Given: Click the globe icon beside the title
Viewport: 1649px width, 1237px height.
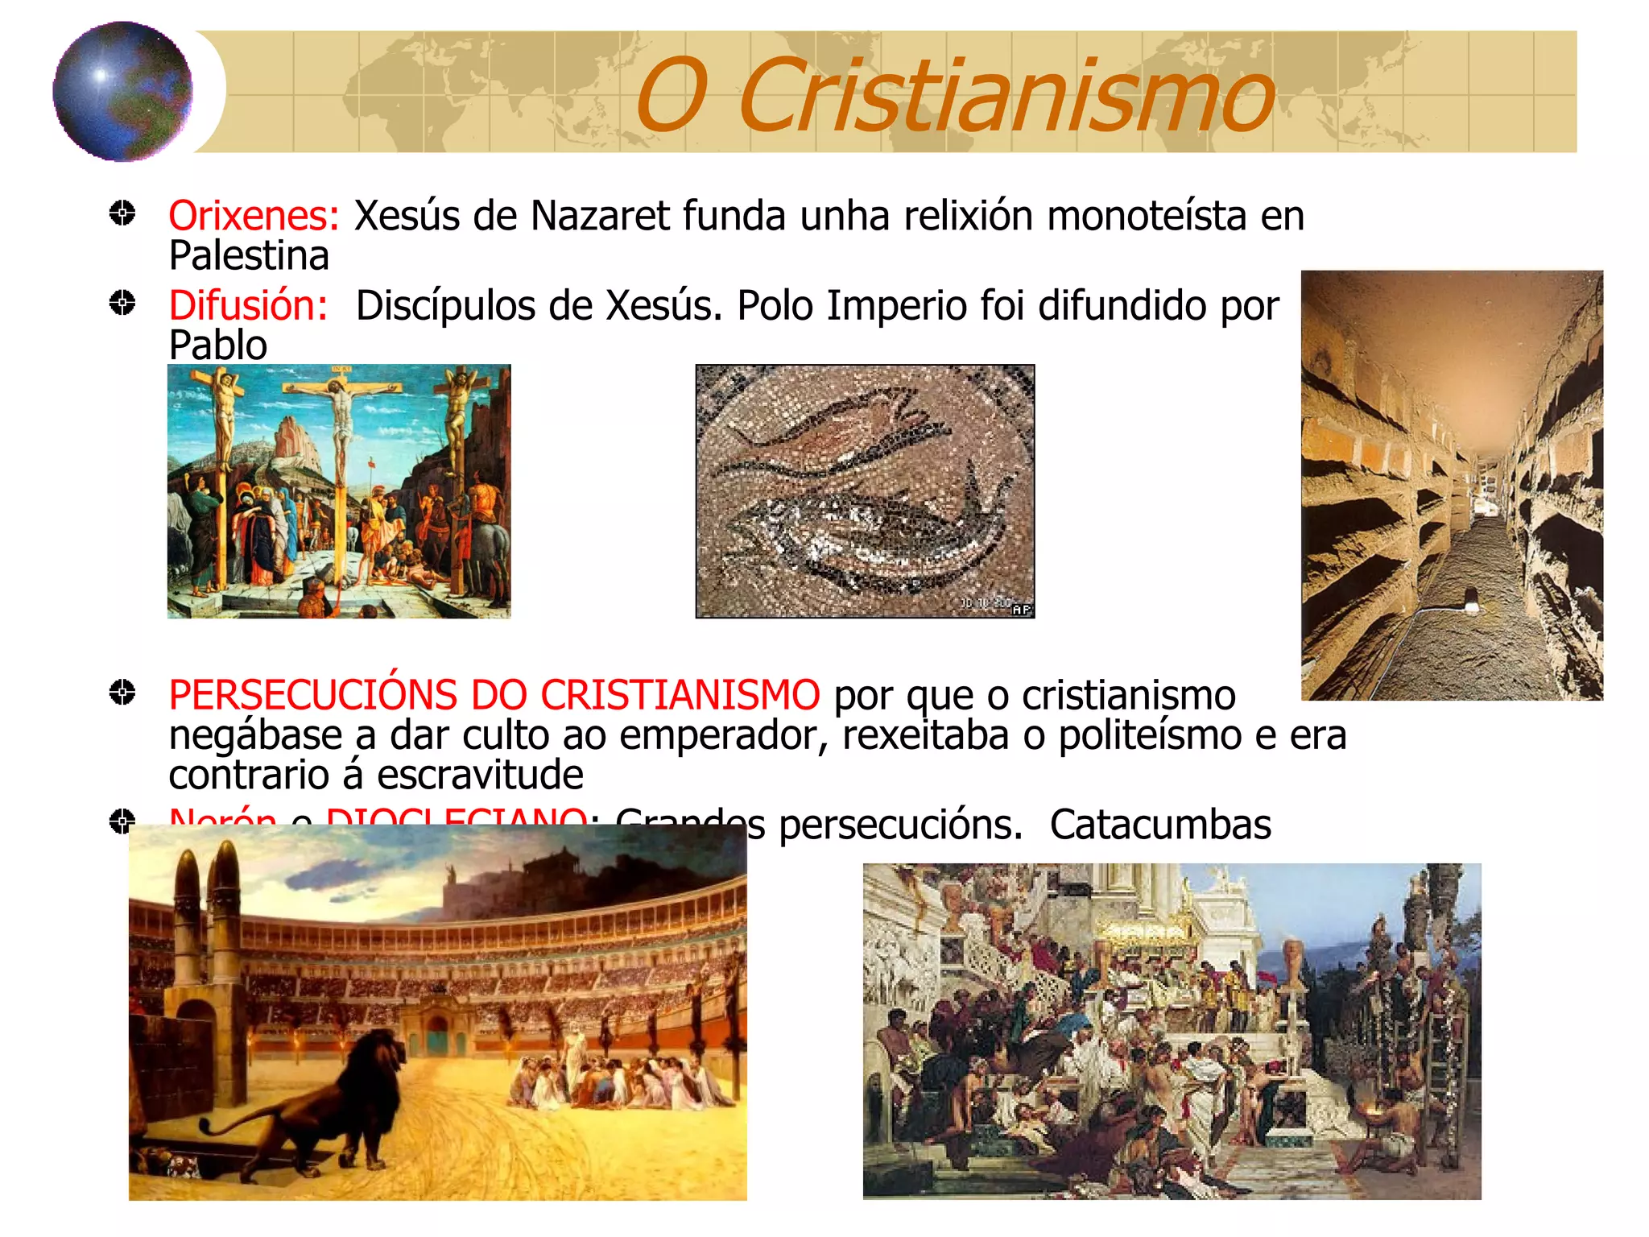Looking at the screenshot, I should click(122, 91).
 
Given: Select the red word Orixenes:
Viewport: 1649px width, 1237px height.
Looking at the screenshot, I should click(254, 216).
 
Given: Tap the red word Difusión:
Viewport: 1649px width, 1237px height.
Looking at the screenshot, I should click(248, 306).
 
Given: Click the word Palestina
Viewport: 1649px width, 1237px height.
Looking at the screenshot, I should click(249, 256).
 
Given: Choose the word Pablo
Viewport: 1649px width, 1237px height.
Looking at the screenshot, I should click(217, 345).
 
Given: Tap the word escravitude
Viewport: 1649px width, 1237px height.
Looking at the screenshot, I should click(480, 775).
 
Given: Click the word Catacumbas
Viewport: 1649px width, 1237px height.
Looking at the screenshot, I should click(1160, 825).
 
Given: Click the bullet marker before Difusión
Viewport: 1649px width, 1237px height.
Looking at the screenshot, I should click(122, 304).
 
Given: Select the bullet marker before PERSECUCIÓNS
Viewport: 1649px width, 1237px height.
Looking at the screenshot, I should click(122, 693).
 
